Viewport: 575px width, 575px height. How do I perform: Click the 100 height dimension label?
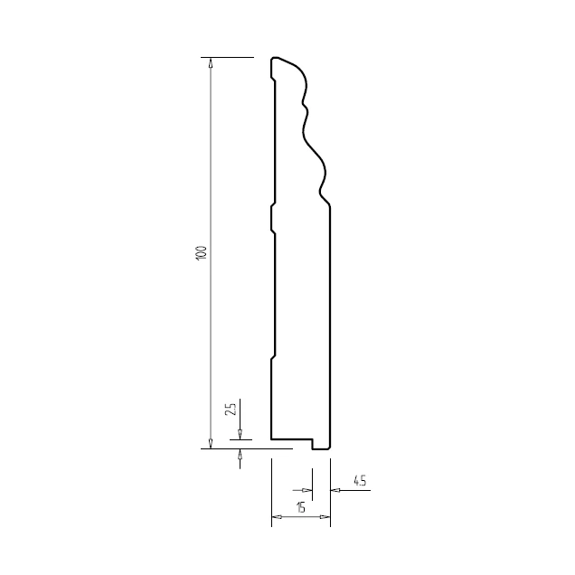point(202,253)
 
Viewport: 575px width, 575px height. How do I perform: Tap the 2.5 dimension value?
point(231,410)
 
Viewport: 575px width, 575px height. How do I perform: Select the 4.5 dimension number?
point(360,480)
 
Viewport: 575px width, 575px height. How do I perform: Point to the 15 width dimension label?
point(301,507)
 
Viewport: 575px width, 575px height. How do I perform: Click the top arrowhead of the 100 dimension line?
point(210,62)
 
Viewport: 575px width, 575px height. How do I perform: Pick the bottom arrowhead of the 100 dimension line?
point(210,443)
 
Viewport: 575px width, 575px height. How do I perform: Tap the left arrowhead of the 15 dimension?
point(277,517)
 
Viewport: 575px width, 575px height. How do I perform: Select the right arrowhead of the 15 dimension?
point(325,517)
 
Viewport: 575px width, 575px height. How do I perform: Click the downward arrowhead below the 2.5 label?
point(240,435)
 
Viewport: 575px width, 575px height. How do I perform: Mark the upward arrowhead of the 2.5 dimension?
point(240,454)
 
